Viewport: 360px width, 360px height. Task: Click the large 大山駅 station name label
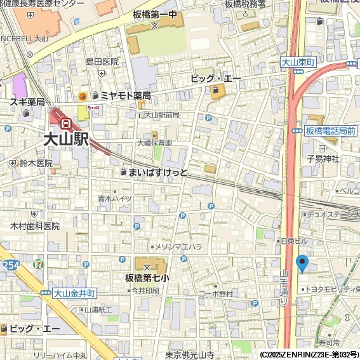tap(66, 140)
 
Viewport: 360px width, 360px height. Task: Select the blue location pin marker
tap(302, 263)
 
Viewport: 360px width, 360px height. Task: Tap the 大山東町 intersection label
tap(298, 63)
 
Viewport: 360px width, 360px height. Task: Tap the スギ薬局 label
tap(27, 102)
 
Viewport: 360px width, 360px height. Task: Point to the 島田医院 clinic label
tap(102, 62)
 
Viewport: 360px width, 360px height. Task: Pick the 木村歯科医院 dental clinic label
tap(35, 226)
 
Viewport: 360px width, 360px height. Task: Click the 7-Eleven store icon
tap(40, 262)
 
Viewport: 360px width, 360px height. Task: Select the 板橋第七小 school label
tap(147, 277)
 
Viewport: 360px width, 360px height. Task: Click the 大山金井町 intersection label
tap(74, 293)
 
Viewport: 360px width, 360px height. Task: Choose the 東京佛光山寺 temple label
tap(189, 355)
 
